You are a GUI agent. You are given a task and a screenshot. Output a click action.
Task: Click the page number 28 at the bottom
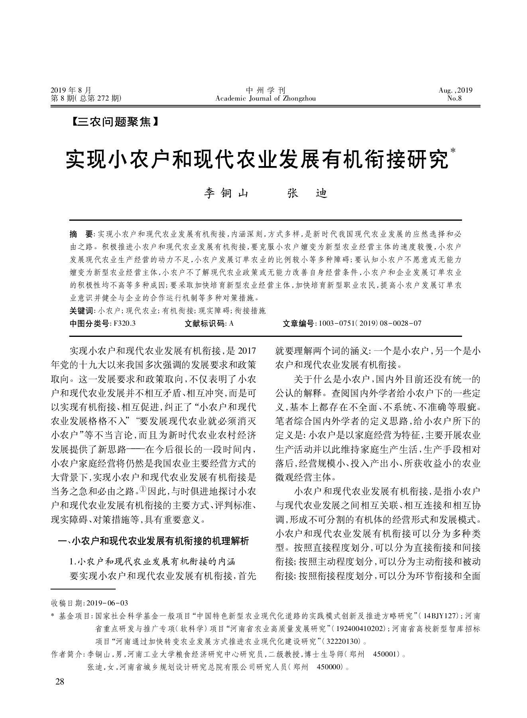point(60,681)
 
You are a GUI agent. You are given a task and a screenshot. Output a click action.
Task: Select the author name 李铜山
point(226,193)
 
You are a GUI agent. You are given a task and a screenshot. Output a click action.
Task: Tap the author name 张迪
point(307,193)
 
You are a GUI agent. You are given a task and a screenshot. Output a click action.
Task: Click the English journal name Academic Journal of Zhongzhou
point(265,98)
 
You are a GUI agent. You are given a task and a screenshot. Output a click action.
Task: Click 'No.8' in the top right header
point(454,98)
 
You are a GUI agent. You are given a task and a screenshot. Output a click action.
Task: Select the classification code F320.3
point(125,323)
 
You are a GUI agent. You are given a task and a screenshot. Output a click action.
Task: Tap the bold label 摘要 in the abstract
point(81,233)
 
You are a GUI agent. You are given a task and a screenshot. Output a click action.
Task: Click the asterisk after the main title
point(453,151)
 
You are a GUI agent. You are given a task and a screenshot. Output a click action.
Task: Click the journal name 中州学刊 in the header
point(265,90)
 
